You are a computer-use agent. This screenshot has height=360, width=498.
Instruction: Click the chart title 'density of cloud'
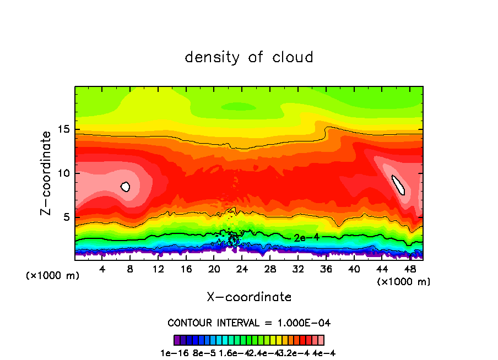(x=249, y=57)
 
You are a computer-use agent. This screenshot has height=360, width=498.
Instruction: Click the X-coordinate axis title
(x=249, y=297)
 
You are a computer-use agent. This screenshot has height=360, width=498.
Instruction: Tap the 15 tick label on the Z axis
(x=64, y=129)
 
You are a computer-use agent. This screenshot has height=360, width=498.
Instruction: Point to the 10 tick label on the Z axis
(x=64, y=173)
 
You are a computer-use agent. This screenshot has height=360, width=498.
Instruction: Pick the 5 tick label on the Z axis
(x=67, y=217)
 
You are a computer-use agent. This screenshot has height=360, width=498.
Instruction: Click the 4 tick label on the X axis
(x=102, y=269)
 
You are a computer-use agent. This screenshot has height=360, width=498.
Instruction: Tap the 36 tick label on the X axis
(x=326, y=269)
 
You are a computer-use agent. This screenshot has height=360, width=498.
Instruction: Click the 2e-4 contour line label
(x=304, y=238)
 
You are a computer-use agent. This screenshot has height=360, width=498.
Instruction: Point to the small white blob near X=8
(x=125, y=187)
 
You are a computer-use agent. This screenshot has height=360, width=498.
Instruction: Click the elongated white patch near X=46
(x=398, y=185)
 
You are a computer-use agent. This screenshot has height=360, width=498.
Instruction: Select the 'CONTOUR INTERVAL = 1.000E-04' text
(x=249, y=323)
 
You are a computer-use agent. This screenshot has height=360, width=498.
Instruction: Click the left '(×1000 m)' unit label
(x=53, y=276)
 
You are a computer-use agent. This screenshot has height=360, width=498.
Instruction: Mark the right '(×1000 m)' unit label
(x=403, y=282)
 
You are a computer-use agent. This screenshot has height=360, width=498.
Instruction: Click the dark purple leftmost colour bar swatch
(x=176, y=340)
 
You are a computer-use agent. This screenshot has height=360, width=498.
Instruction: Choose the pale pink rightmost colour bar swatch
(x=321, y=340)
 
